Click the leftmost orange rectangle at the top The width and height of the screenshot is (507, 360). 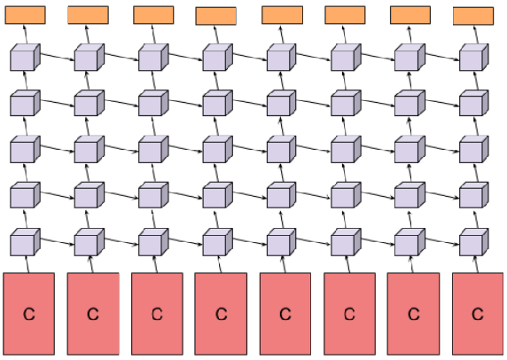pyautogui.click(x=25, y=15)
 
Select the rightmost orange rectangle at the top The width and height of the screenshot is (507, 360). pyautogui.click(x=473, y=16)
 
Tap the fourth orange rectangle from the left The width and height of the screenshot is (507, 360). pyautogui.click(x=216, y=16)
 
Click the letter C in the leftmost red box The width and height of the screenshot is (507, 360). pyautogui.click(x=29, y=314)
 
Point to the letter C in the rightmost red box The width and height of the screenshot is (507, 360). pyautogui.click(x=478, y=314)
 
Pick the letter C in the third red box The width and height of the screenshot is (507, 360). pyautogui.click(x=157, y=314)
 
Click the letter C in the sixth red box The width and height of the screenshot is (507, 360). pyautogui.click(x=349, y=314)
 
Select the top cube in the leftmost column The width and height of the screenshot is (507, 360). pyautogui.click(x=25, y=58)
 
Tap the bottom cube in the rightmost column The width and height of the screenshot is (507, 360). pyautogui.click(x=474, y=242)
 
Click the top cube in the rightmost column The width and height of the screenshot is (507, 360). pyautogui.click(x=474, y=58)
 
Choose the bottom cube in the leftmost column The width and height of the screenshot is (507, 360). pyautogui.click(x=25, y=242)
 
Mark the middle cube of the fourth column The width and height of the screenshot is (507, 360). pyautogui.click(x=218, y=149)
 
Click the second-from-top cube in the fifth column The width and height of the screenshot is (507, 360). pyautogui.click(x=281, y=103)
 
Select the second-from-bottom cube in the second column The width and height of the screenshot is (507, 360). pyautogui.click(x=90, y=195)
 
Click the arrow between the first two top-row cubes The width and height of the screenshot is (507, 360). pyautogui.click(x=58, y=56)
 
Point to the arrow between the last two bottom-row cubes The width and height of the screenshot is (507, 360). pyautogui.click(x=442, y=241)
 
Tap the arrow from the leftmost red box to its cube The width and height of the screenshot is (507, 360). pyautogui.click(x=27, y=264)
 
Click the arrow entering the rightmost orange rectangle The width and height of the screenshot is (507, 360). pyautogui.click(x=476, y=35)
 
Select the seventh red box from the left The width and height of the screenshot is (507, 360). pyautogui.click(x=413, y=314)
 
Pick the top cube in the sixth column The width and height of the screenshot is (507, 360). pyautogui.click(x=346, y=58)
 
